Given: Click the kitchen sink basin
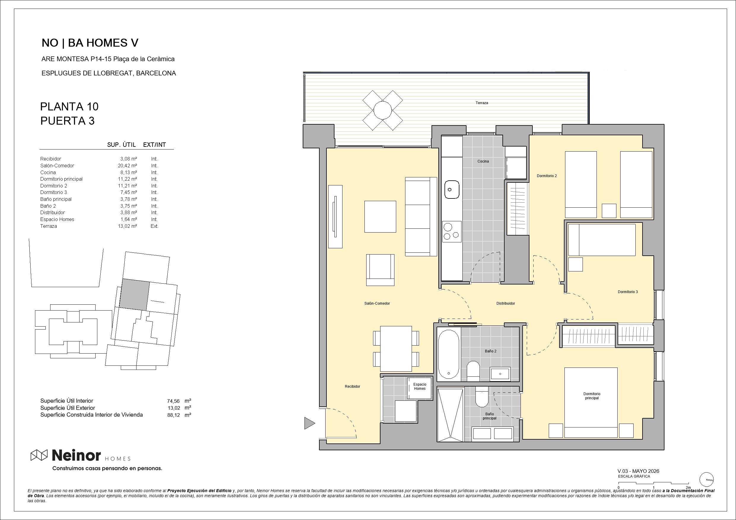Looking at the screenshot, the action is click(451, 189).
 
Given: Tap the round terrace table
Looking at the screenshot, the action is click(383, 110).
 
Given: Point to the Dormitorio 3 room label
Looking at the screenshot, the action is click(628, 292).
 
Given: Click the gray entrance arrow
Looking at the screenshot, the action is click(310, 423).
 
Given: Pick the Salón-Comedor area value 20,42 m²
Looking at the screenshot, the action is click(127, 166).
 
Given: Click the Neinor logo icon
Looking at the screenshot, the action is click(39, 455).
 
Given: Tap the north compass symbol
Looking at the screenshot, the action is click(707, 480).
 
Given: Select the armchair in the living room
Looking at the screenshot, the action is click(380, 270).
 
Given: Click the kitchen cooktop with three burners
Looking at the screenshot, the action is click(452, 231).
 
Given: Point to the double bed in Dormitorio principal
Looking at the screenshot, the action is click(591, 403).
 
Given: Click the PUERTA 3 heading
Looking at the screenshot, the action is click(67, 121).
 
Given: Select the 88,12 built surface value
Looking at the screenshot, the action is click(173, 415).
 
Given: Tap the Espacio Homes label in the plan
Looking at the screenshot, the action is click(420, 387).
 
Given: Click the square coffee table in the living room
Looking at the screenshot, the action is click(380, 217).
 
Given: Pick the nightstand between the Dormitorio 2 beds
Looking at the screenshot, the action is click(609, 211).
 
